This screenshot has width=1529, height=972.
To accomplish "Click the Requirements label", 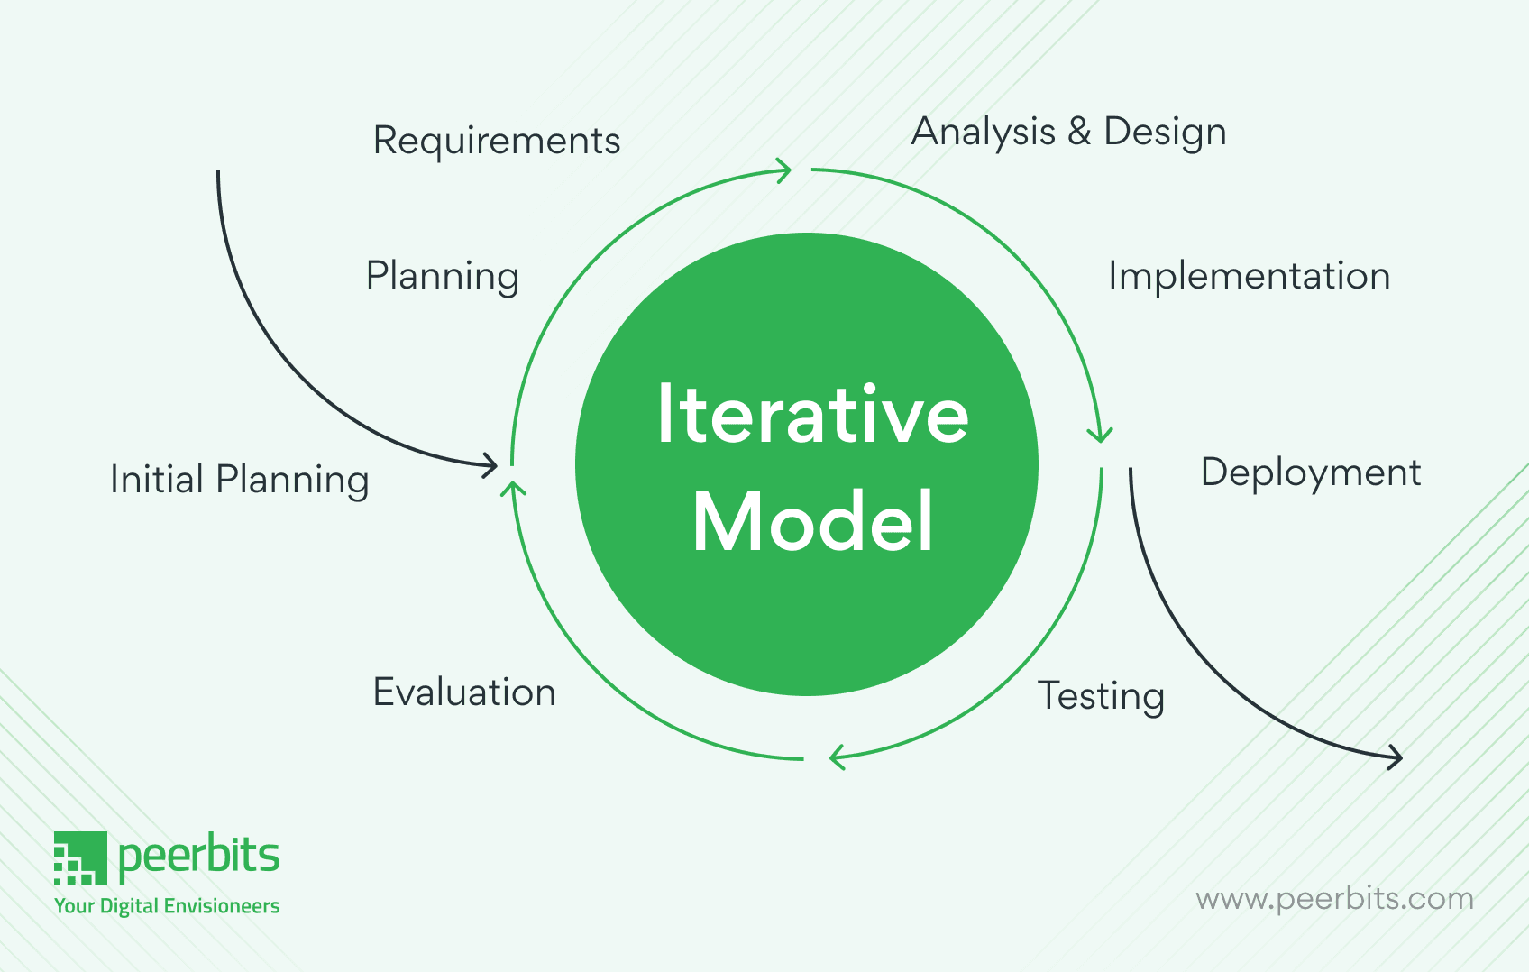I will click(x=497, y=141).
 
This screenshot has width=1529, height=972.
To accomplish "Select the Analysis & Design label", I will click(x=1068, y=132).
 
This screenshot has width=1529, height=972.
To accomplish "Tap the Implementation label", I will click(x=1249, y=276).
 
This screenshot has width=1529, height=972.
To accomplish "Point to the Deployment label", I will click(x=1310, y=472).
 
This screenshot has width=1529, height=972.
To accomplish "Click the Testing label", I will click(x=1101, y=696).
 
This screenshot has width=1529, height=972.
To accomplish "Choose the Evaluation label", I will click(x=464, y=692).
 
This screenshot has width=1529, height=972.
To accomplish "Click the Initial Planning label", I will click(x=239, y=480).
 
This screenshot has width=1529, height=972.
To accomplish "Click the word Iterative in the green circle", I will click(x=812, y=415).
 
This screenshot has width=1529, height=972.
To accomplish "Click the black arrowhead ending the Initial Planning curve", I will click(x=490, y=465).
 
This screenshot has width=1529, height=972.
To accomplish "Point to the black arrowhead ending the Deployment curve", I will click(x=1395, y=757).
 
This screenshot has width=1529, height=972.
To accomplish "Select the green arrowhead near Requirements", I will click(x=783, y=170).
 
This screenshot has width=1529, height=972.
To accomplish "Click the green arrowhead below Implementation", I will click(x=1100, y=436).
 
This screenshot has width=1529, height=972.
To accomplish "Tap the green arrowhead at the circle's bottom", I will click(x=836, y=757).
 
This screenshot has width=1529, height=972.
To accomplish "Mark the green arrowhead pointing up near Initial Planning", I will click(x=513, y=489).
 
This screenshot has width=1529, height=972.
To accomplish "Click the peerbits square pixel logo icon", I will click(x=79, y=857).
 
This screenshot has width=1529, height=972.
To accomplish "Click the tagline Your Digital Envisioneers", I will click(x=167, y=906).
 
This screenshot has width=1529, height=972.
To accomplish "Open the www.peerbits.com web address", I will click(x=1334, y=899).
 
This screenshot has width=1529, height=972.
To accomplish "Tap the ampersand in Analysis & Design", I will click(x=1079, y=132).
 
